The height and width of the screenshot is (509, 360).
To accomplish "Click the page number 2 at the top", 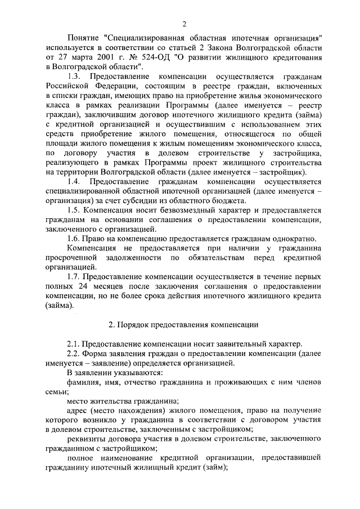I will (184, 23).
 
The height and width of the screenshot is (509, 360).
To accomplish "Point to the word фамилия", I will (83, 382).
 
